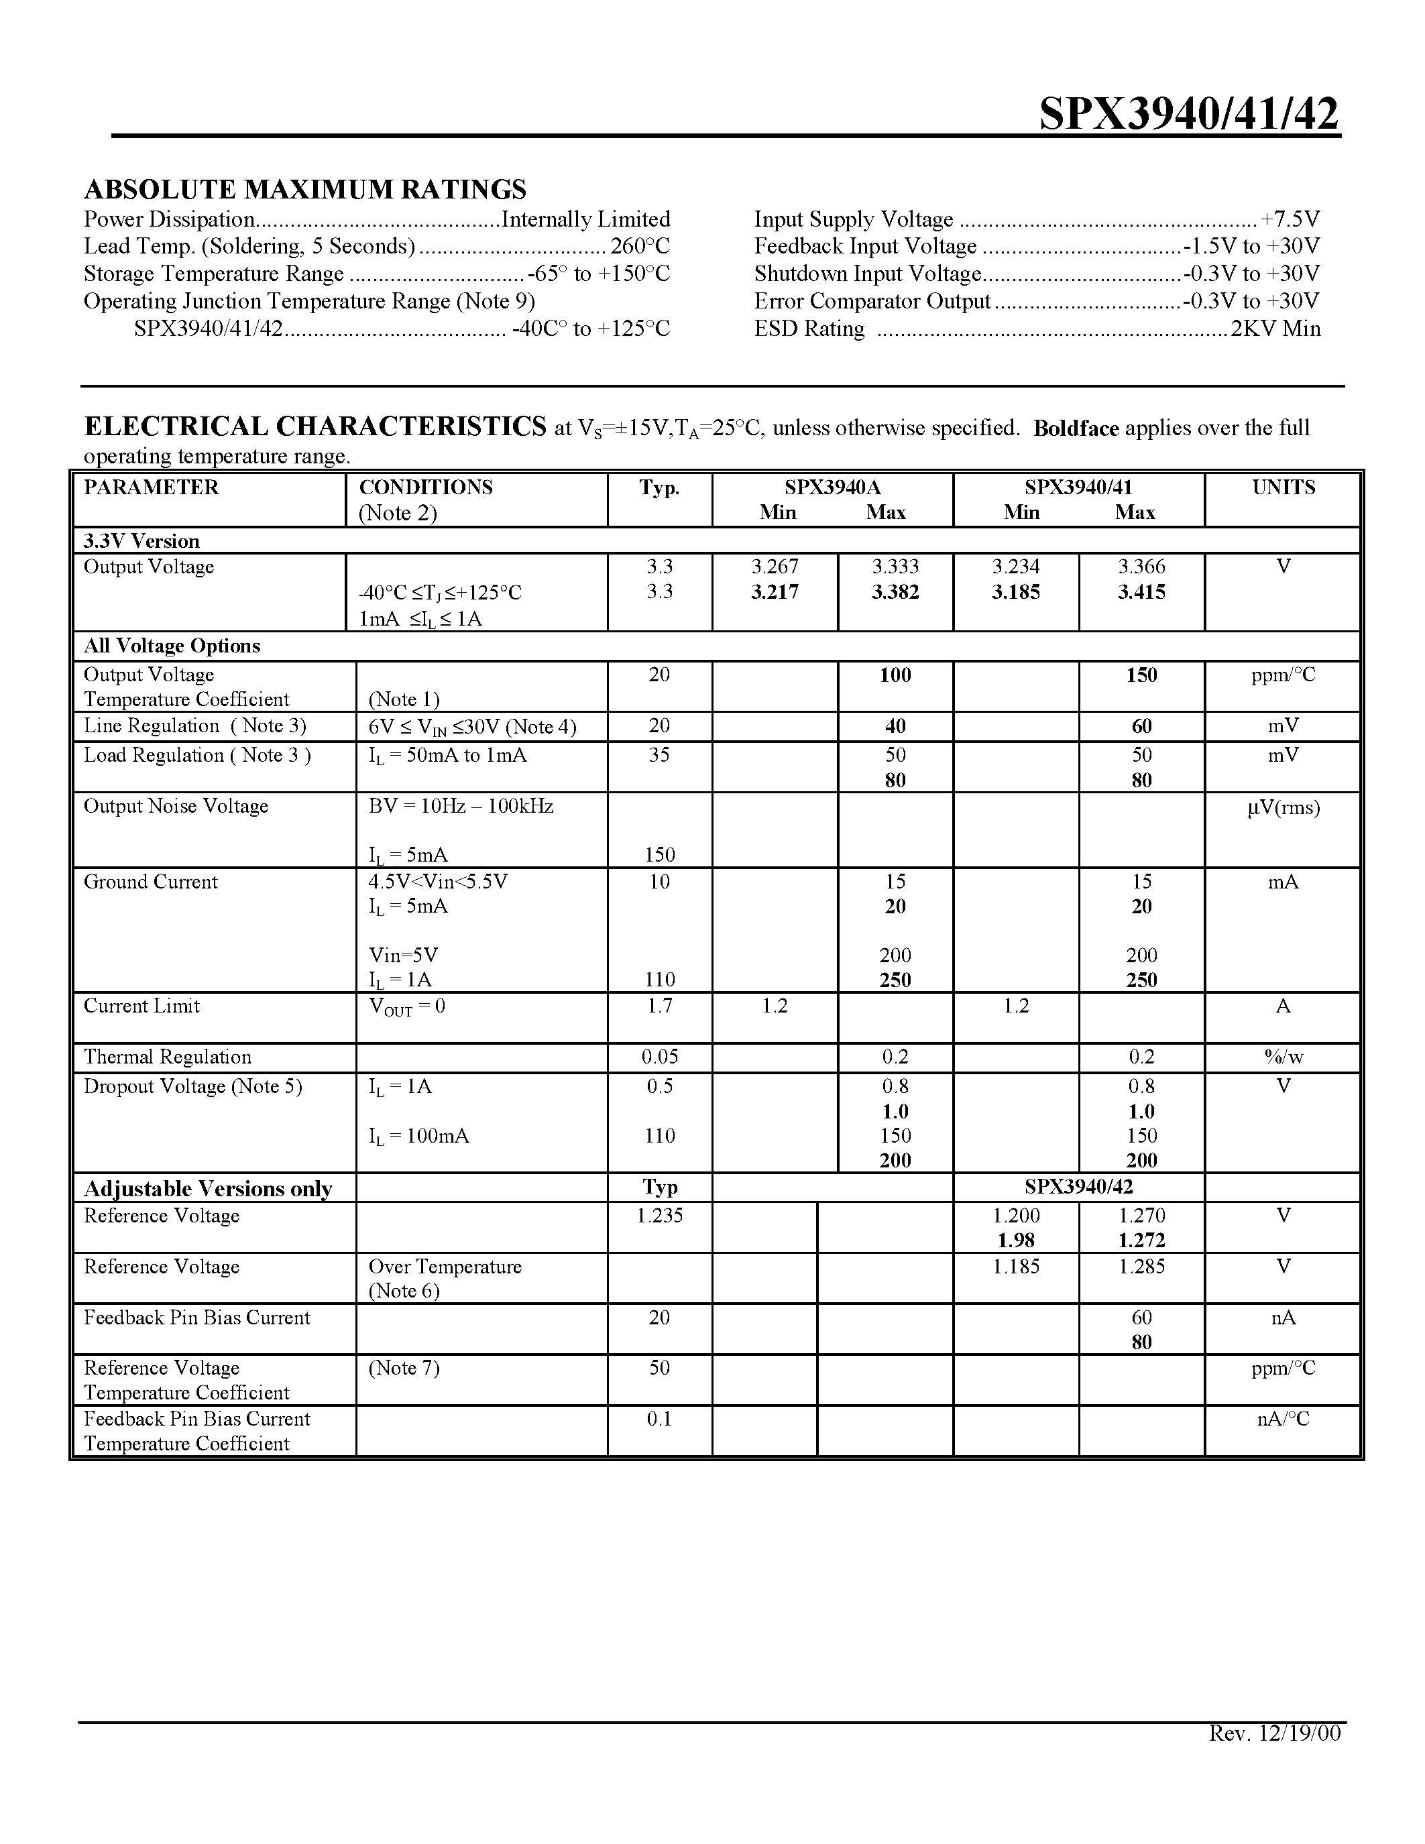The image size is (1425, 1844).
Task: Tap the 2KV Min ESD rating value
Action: coord(1275,329)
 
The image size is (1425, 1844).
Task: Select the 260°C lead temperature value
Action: coord(640,247)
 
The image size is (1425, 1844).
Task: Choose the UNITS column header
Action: coord(1282,487)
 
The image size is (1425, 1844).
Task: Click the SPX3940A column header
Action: coord(832,487)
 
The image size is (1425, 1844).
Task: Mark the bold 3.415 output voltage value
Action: coord(1141,592)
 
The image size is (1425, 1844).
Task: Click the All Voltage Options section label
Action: coord(172,646)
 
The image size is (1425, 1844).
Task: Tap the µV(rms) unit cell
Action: coord(1282,807)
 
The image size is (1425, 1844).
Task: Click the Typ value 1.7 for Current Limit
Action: coord(659,1006)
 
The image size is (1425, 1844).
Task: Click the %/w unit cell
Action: coord(1282,1057)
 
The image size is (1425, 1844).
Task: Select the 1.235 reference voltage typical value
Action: coord(659,1216)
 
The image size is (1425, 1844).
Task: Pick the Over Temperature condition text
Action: coord(445,1267)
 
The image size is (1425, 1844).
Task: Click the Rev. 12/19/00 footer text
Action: coord(1274,1733)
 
